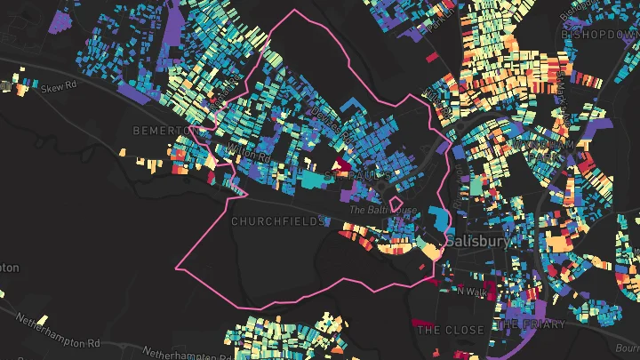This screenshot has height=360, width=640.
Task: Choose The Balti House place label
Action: point(381,210)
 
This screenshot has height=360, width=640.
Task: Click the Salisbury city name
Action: point(480,241)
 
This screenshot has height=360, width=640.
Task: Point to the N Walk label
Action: point(474,291)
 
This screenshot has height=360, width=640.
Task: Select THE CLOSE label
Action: point(451,330)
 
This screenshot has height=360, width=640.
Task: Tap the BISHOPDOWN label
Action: point(600,33)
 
